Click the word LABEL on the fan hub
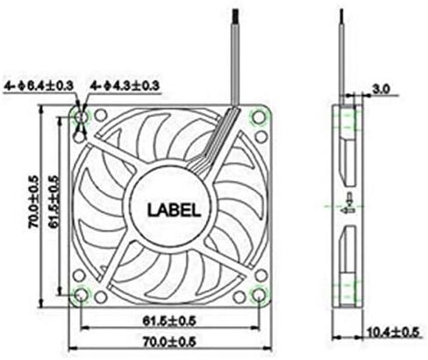(x=175, y=210)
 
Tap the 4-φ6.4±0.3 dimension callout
(x=39, y=86)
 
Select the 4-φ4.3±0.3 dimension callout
(x=125, y=86)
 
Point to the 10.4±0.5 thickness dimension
(x=393, y=332)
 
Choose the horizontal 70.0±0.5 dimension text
(x=169, y=342)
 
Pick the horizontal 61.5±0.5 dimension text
(x=169, y=321)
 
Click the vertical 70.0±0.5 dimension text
(x=33, y=202)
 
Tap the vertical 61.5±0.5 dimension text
(x=53, y=202)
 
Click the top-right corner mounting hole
(x=258, y=118)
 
